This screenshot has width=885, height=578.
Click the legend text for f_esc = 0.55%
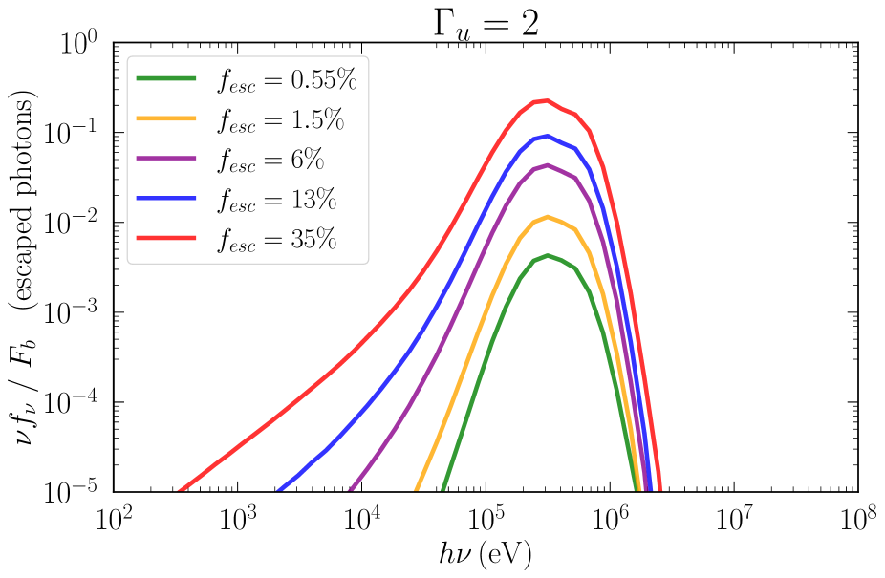[x=286, y=81]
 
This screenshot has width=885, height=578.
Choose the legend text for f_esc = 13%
[x=276, y=200]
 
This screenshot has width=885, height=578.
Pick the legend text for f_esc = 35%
[x=276, y=239]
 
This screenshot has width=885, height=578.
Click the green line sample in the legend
[x=166, y=77]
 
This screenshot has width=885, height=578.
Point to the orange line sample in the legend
[x=166, y=118]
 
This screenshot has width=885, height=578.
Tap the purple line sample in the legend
[x=166, y=158]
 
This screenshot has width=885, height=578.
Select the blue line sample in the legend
[x=166, y=197]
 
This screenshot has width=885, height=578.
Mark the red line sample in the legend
[x=166, y=236]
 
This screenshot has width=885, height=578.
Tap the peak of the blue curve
[x=546, y=136]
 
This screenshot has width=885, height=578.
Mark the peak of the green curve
[x=547, y=255]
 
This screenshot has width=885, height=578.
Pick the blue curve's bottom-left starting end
[x=281, y=492]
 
